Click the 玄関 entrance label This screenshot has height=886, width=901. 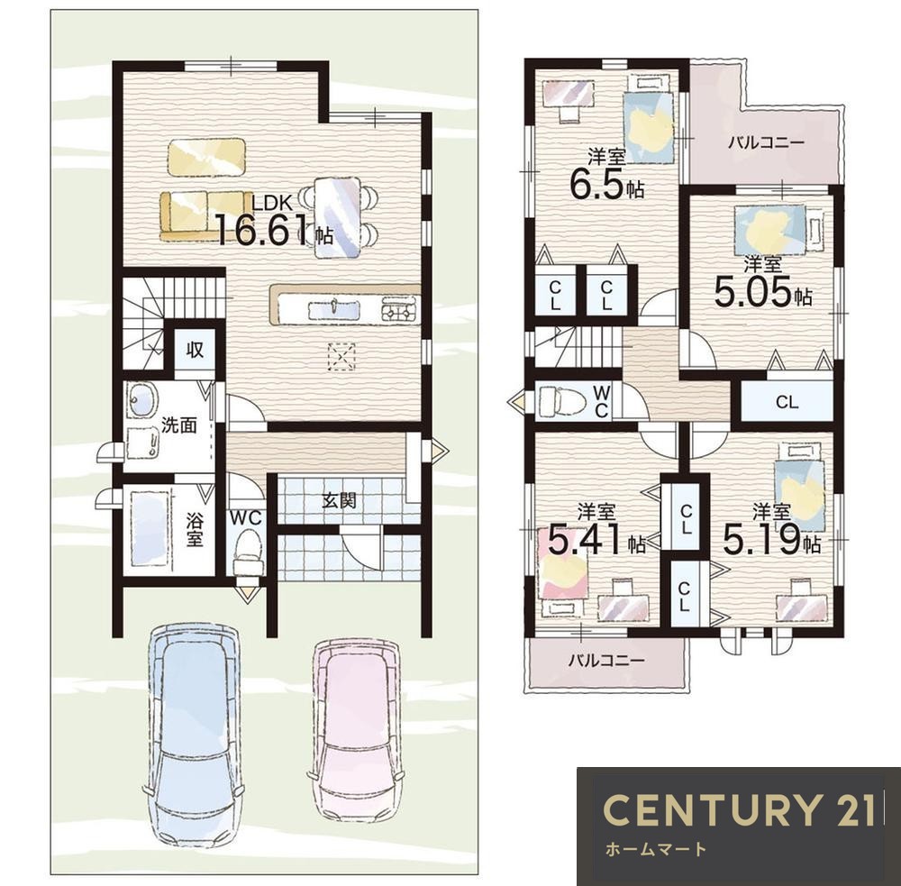pos(339,500)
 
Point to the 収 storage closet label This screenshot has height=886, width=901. pos(195,349)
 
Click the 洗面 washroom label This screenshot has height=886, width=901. pos(179,425)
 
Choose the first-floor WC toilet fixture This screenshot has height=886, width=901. pos(249,552)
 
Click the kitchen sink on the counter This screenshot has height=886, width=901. pos(334,310)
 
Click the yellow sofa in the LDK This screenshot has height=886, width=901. pos(206,216)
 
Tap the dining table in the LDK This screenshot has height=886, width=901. pos(339,217)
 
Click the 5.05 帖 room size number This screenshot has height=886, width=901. pos(763,292)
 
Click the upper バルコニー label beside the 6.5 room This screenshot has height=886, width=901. pos(767,142)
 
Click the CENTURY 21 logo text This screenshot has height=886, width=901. pos(740,809)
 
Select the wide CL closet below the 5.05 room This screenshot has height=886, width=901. pos(787,402)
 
